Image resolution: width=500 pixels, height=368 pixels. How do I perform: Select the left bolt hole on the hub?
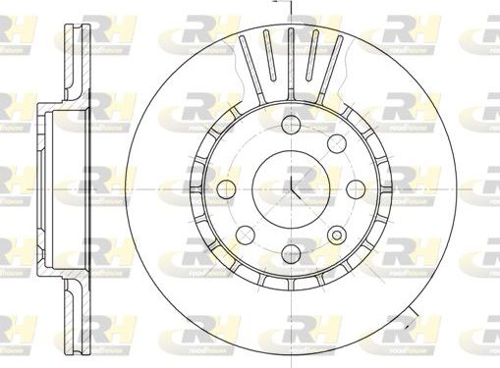point(226,188)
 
